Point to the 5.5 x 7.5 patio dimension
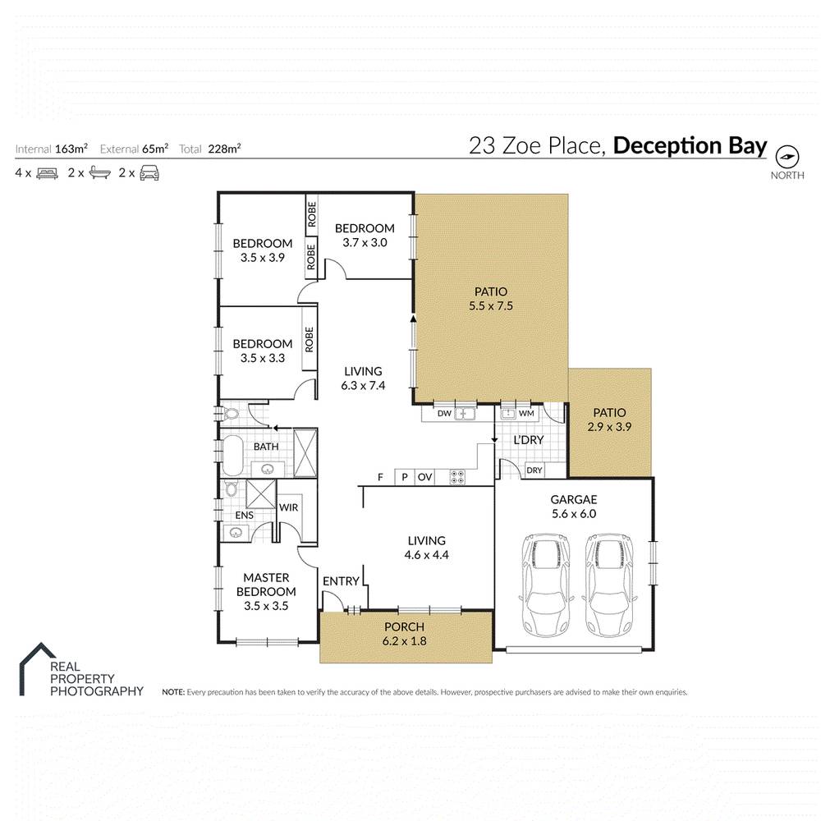tap(490, 306)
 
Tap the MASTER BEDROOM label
tap(266, 585)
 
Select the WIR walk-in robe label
tap(288, 508)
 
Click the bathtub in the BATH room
tap(232, 456)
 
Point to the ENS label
tap(243, 515)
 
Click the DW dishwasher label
tap(444, 413)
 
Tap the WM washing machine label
tap(525, 413)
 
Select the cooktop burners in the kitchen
tap(456, 476)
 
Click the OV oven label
tap(424, 477)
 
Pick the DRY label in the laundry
tap(534, 470)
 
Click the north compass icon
tap(787, 156)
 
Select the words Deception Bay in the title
tap(690, 146)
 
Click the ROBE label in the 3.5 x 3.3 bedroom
tap(310, 339)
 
